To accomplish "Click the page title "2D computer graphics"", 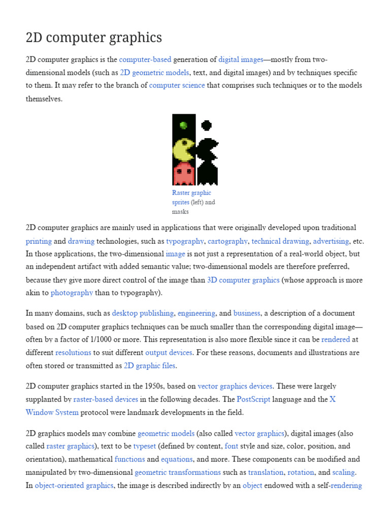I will click(94, 38).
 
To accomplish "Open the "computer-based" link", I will click(145, 60).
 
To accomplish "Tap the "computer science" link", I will click(177, 85).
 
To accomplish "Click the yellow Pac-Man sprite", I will click(183, 150).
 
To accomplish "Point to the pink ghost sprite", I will click(183, 174).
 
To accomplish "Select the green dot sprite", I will click(183, 125).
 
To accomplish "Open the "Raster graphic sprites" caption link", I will click(191, 198).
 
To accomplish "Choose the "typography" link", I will click(185, 241).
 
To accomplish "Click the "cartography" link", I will click(227, 241).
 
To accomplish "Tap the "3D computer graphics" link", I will click(243, 280).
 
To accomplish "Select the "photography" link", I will click(72, 292).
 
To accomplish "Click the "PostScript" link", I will click(253, 399).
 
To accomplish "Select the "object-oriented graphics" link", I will click(74, 485).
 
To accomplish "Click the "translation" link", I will click(266, 472).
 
